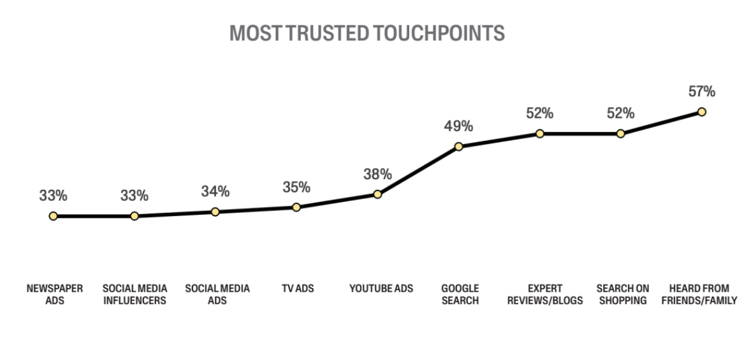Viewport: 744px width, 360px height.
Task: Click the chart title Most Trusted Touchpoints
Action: tap(367, 33)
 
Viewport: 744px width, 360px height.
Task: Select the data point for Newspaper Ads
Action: tap(53, 216)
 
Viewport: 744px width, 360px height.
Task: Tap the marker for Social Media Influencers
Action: tap(134, 216)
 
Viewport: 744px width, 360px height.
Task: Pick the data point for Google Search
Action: tap(458, 147)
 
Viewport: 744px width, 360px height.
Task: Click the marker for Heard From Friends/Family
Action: tap(701, 112)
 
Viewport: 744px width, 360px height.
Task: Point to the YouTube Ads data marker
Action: tap(377, 194)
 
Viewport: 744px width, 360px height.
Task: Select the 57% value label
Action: tap(701, 92)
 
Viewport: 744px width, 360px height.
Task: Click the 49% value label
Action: tap(458, 126)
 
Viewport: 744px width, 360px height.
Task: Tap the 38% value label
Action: tap(377, 174)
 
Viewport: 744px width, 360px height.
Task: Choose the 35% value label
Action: tap(296, 187)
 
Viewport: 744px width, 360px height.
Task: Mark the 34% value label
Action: tap(215, 191)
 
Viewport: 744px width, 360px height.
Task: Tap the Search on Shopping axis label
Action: tap(622, 294)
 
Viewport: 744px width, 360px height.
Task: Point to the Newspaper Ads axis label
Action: tap(55, 294)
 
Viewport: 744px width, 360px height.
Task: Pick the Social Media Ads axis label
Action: tap(217, 294)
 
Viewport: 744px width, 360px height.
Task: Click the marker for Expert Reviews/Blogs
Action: tap(539, 134)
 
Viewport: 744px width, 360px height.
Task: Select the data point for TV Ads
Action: tap(296, 207)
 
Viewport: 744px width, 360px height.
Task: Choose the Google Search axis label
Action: tap(460, 294)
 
